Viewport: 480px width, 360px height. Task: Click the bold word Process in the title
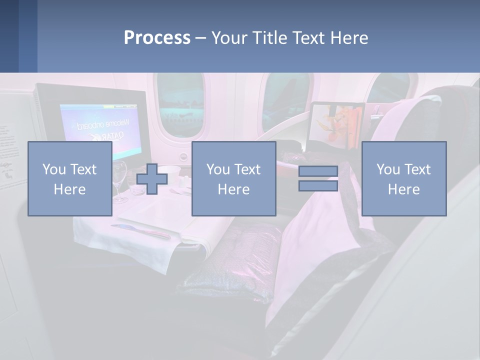click(x=157, y=37)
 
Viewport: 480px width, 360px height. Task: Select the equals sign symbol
click(x=318, y=178)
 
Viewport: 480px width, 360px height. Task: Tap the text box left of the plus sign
click(x=69, y=178)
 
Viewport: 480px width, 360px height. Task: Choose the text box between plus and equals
click(x=233, y=178)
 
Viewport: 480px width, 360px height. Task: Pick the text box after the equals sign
click(x=403, y=178)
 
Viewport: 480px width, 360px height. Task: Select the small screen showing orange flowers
click(x=336, y=125)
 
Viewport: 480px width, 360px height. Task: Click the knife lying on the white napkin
click(x=141, y=231)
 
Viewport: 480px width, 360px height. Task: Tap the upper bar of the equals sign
click(x=318, y=171)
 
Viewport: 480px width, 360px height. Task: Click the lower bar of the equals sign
click(x=318, y=186)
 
